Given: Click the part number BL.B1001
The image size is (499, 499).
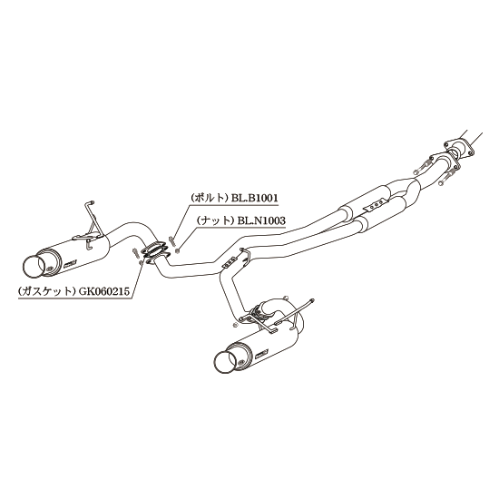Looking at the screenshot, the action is point(254,198).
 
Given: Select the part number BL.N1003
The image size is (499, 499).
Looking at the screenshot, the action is point(261,220).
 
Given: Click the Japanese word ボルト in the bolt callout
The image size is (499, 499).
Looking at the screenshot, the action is point(210,198).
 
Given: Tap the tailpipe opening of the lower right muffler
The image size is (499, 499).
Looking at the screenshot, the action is point(228,363).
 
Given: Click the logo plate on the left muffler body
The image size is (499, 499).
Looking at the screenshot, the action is point(71,263).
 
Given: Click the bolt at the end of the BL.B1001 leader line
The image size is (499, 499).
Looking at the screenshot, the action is point(172,240).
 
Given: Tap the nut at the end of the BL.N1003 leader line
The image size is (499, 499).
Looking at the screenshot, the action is point(178,251).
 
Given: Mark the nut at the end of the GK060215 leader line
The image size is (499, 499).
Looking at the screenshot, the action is point(141,262).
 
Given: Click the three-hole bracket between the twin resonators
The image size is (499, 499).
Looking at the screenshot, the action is point(377,204).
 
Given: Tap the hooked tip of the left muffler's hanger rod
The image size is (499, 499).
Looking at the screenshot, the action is point(92,201).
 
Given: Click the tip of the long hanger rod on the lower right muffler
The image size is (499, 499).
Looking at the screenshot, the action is point(314,299).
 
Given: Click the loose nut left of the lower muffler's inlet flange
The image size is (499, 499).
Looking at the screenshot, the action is point(235,324).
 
